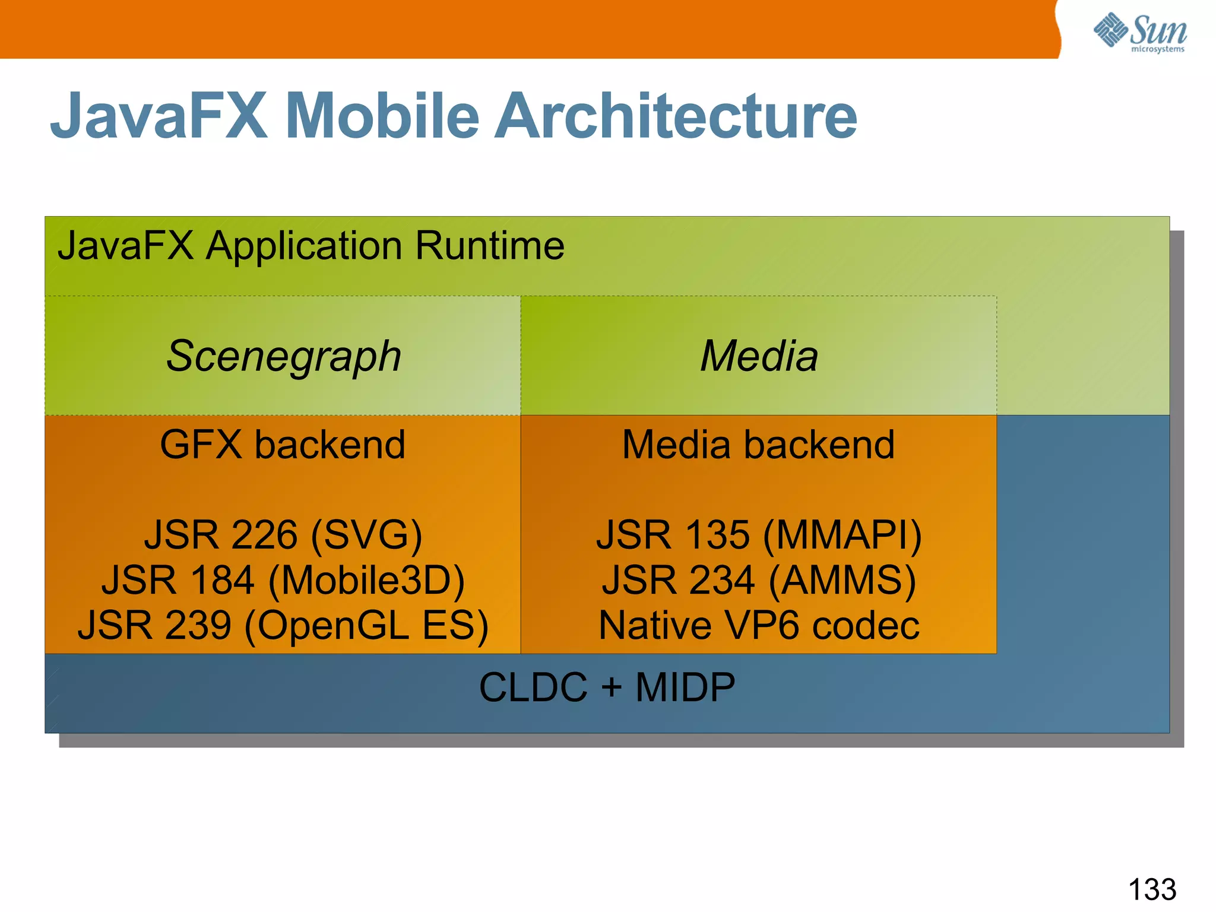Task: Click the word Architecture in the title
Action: tap(676, 116)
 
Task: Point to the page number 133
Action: tap(1152, 889)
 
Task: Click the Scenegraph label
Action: tap(284, 356)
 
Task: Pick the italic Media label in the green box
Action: tap(759, 356)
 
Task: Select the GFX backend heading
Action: tap(283, 445)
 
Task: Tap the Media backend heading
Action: tap(758, 445)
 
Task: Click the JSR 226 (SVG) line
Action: tap(283, 535)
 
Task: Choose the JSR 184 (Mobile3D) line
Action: tap(283, 580)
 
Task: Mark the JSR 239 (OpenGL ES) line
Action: tap(283, 625)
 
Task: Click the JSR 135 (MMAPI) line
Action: tap(759, 535)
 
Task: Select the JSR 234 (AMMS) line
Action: tap(759, 580)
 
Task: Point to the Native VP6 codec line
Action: tap(759, 625)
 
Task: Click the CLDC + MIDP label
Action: tap(607, 688)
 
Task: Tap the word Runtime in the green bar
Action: tap(490, 246)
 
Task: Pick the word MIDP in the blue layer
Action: tap(685, 688)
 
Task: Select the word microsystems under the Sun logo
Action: tap(1157, 49)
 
